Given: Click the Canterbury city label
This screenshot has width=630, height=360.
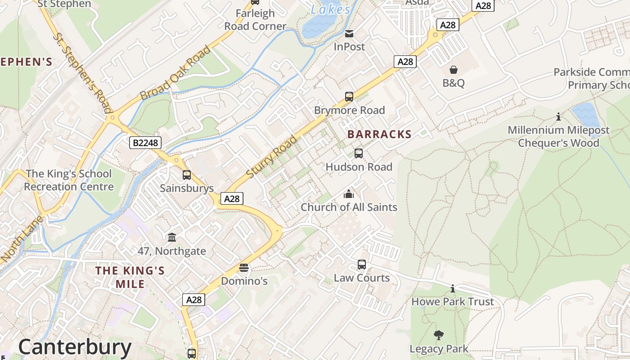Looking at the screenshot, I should pyautogui.click(x=75, y=347).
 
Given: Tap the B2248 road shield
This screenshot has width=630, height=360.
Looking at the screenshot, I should pyautogui.click(x=145, y=143).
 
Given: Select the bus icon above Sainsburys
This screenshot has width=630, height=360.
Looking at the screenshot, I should pyautogui.click(x=187, y=175).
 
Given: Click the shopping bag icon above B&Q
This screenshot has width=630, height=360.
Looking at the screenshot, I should pyautogui.click(x=454, y=70).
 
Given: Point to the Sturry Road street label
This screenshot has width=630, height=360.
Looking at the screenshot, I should pyautogui.click(x=272, y=156).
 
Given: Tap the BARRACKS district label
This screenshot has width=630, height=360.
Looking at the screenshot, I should pyautogui.click(x=379, y=134).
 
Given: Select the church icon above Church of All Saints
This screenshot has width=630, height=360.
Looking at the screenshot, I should pyautogui.click(x=349, y=194).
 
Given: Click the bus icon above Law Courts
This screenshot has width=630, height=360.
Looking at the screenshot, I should pyautogui.click(x=362, y=265).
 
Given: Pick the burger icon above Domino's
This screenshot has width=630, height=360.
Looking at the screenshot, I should pyautogui.click(x=244, y=268).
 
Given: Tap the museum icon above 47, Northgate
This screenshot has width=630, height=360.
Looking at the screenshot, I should pyautogui.click(x=172, y=237).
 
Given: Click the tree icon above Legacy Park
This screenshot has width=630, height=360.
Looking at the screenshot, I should pyautogui.click(x=439, y=335).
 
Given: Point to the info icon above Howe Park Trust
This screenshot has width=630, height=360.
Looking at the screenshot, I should pyautogui.click(x=453, y=288).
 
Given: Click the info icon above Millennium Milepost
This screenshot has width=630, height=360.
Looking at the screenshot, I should pyautogui.click(x=558, y=117).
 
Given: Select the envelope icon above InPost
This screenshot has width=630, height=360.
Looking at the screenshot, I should pyautogui.click(x=349, y=34).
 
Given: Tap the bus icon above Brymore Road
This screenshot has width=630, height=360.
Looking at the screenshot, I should pyautogui.click(x=349, y=96).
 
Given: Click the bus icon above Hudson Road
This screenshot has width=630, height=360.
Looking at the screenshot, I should pyautogui.click(x=359, y=153).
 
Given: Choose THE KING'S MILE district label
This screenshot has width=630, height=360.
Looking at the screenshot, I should pyautogui.click(x=130, y=277).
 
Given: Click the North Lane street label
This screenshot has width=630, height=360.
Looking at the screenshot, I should pyautogui.click(x=22, y=239).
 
